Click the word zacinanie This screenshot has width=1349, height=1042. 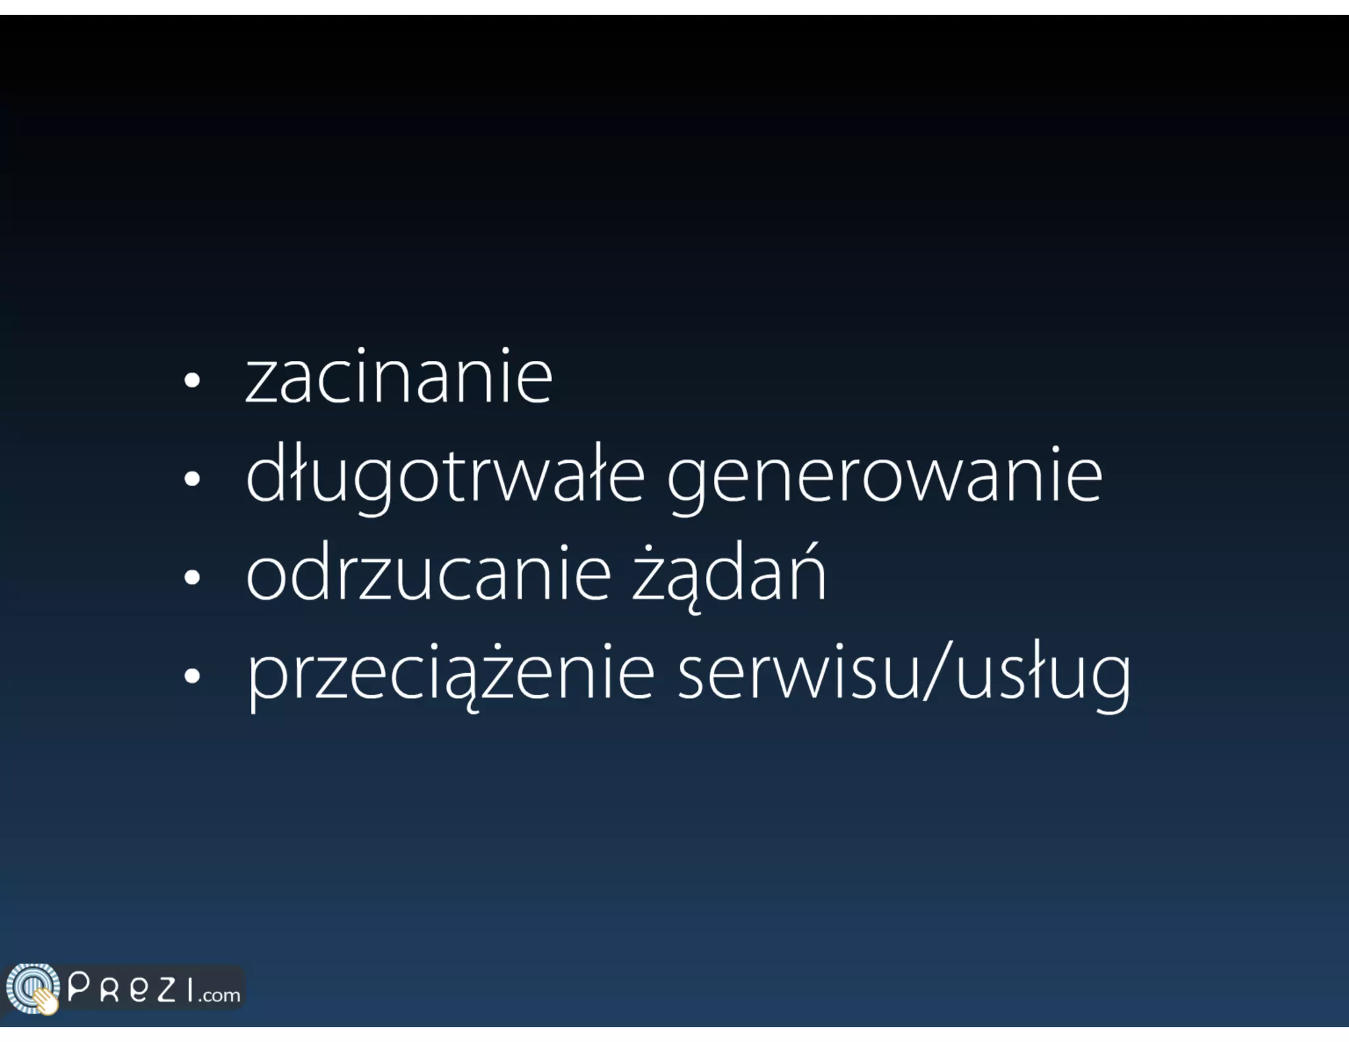click(x=399, y=378)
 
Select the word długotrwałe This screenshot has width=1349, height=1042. click(x=445, y=476)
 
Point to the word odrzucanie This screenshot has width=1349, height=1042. click(x=429, y=574)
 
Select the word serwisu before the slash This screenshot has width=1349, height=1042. click(x=797, y=673)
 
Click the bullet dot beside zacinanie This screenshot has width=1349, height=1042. click(x=192, y=380)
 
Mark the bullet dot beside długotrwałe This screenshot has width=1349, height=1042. click(x=192, y=479)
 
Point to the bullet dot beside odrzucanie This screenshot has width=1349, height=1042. click(x=192, y=577)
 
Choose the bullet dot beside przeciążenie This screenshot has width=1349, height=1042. click(x=192, y=675)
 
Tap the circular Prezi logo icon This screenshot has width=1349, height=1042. click(x=32, y=988)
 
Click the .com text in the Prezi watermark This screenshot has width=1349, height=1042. click(x=220, y=995)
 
